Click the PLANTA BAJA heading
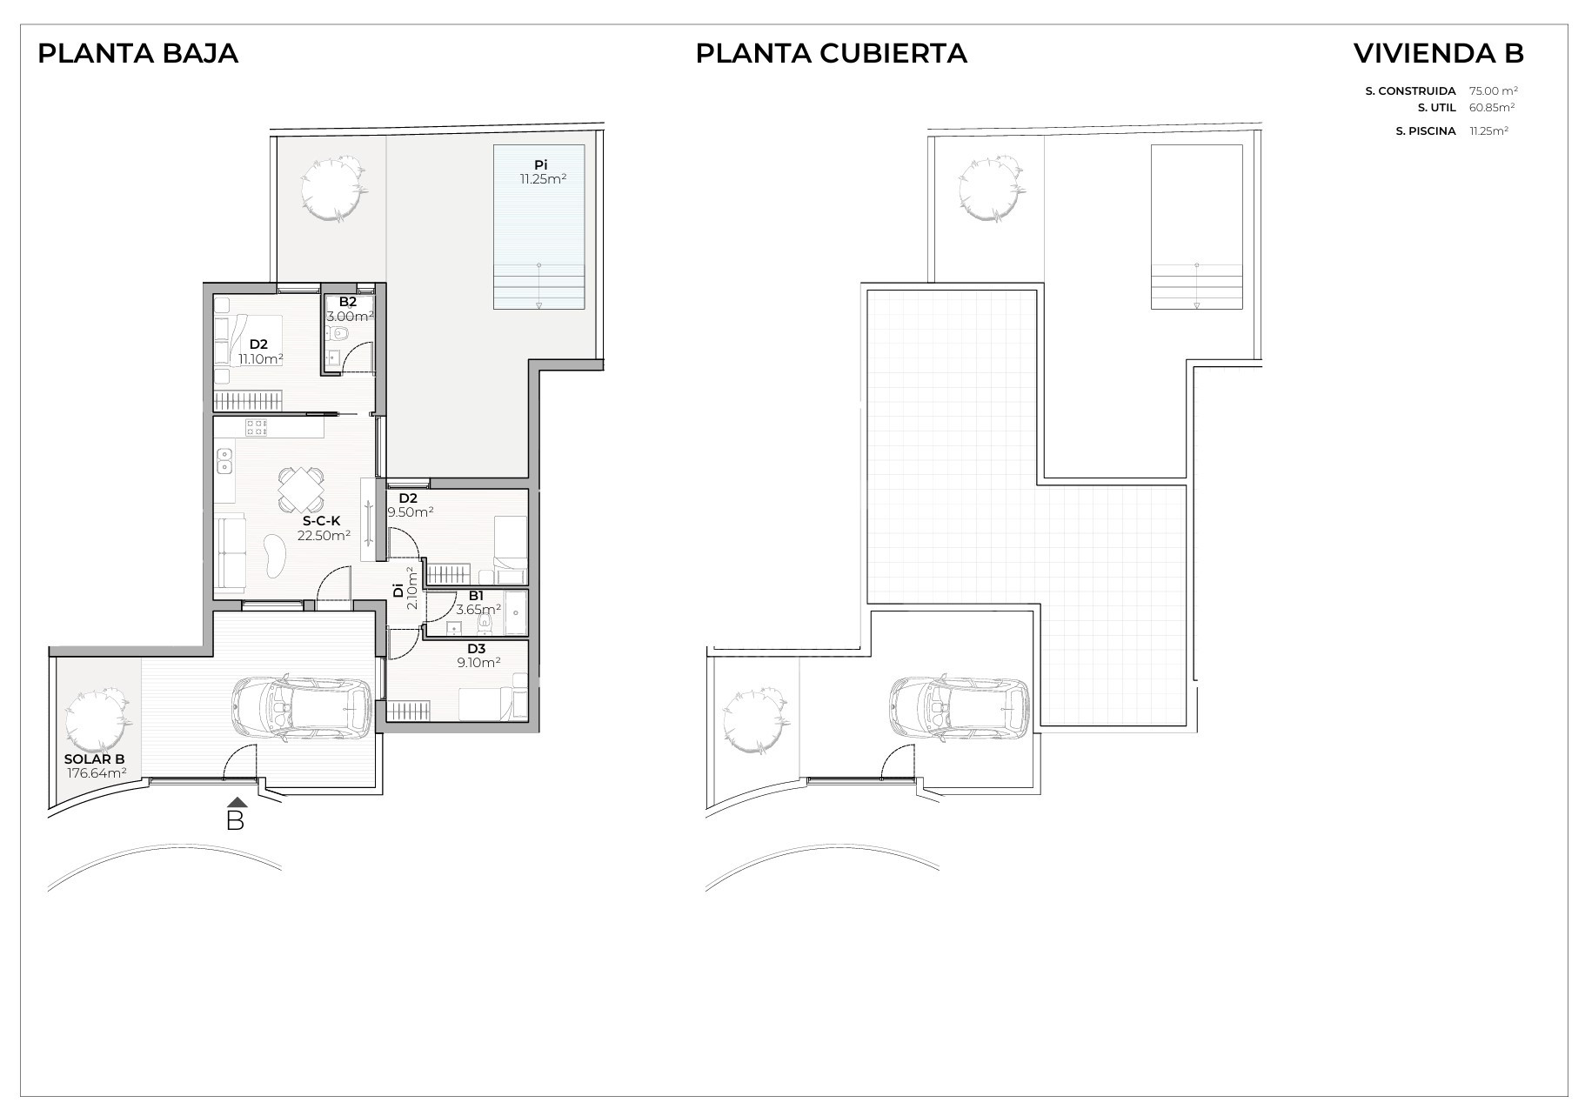coord(137,53)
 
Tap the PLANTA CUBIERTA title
coord(831,53)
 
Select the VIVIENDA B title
coord(1438,53)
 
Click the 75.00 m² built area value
coord(1494,90)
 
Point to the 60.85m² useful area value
coord(1492,108)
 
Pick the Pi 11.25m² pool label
coord(542,172)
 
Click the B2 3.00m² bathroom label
coord(349,309)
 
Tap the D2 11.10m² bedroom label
coord(260,351)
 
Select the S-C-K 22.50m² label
coord(324,528)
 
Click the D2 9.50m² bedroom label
coord(411,505)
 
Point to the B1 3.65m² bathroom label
coord(478,602)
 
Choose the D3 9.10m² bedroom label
coord(477,655)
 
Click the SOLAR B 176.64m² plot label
coord(96,765)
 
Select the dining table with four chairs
coord(300,490)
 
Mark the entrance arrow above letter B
coord(235,802)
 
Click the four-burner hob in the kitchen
coord(257,427)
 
